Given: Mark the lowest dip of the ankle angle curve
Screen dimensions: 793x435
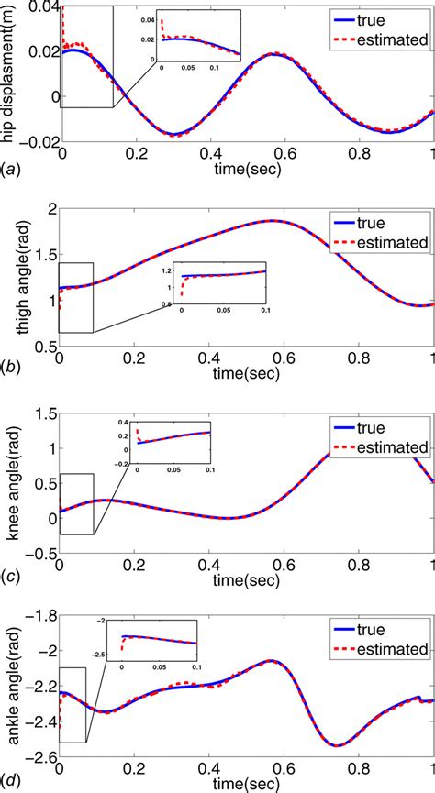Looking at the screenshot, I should coord(337,745).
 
